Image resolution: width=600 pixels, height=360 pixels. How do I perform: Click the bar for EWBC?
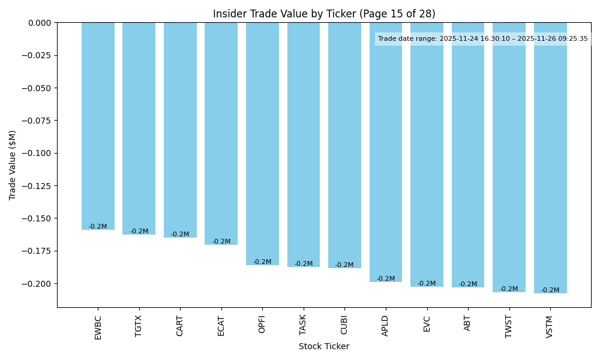tap(98, 126)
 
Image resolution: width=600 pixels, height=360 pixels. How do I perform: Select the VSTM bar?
tap(550, 158)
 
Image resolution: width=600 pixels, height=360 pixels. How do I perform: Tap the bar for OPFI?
tap(262, 144)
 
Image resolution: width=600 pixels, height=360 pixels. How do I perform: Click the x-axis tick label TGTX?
tap(139, 326)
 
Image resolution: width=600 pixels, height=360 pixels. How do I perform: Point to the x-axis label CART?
tap(180, 326)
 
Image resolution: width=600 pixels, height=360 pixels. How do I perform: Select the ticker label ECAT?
tap(221, 326)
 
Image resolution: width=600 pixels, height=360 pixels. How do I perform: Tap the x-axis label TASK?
tap(304, 326)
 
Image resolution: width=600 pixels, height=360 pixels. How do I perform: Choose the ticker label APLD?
tap(386, 326)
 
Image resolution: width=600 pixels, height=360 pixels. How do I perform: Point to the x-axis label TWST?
tap(509, 326)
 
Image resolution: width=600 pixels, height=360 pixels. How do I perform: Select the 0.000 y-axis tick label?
tap(40, 23)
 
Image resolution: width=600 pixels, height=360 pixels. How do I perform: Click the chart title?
tap(324, 14)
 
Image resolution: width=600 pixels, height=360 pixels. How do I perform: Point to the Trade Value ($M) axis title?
tap(13, 165)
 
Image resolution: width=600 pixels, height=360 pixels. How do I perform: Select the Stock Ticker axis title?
tap(324, 346)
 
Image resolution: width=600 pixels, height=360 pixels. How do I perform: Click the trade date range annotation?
tap(483, 39)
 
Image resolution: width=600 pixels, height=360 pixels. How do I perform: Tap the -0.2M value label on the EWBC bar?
tap(98, 227)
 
